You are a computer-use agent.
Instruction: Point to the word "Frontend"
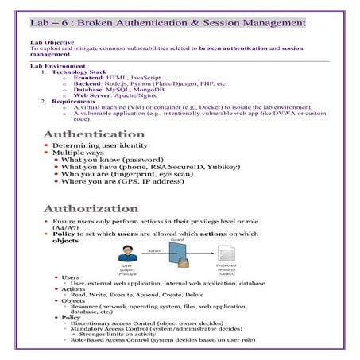tap(89, 77)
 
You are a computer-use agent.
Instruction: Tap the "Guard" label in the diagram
tap(176, 240)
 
